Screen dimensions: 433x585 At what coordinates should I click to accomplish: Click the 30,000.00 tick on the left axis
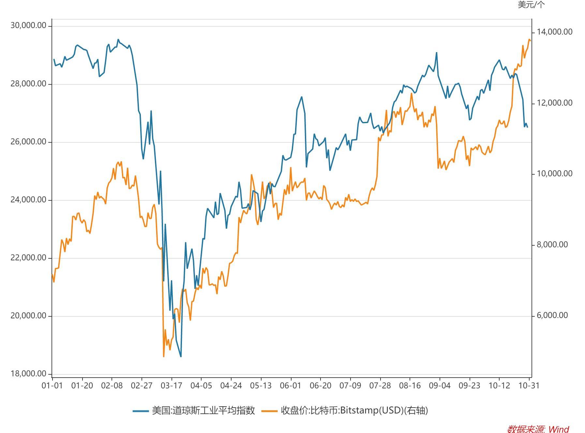[28, 25]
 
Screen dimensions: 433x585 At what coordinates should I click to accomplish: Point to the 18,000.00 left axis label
[28, 373]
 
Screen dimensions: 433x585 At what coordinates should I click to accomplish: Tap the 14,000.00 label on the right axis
[554, 32]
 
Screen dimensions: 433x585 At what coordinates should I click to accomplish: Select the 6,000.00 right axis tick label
[552, 315]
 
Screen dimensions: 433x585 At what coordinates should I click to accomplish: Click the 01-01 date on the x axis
[52, 385]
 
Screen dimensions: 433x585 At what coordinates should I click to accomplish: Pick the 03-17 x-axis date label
[171, 385]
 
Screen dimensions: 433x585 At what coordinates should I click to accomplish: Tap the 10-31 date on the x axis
[529, 385]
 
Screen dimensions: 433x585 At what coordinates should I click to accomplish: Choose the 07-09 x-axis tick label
[350, 385]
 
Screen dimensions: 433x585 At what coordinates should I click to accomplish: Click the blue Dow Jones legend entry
[194, 411]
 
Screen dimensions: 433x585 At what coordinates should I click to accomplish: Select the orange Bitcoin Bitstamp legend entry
[345, 411]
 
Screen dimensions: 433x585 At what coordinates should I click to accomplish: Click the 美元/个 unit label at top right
[531, 5]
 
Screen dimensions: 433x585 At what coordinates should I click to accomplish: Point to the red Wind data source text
[538, 429]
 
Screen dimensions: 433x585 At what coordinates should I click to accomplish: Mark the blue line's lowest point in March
[181, 356]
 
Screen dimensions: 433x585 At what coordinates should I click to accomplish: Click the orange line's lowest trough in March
[164, 356]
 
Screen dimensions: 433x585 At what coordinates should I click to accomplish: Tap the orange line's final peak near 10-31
[529, 39]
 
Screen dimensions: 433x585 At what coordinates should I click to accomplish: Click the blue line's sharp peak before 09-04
[437, 52]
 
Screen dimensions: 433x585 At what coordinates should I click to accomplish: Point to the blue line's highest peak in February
[118, 39]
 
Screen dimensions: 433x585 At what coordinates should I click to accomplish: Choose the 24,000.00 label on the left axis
[28, 200]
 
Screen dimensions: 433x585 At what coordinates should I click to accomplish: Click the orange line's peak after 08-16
[412, 94]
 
